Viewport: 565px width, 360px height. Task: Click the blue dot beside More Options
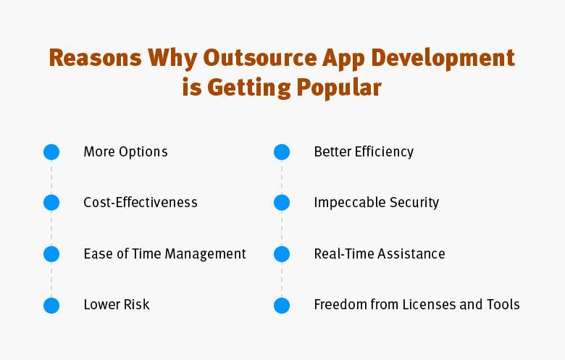pos(51,152)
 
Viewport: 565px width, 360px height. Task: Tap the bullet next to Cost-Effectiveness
pos(51,203)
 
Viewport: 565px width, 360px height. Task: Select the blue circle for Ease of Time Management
pos(51,254)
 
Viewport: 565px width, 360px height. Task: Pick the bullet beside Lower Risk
pos(51,306)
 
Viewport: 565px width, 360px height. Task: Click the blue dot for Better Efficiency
pos(282,152)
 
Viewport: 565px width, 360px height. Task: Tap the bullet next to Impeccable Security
pos(282,203)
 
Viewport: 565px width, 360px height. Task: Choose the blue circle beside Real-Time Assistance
pos(282,254)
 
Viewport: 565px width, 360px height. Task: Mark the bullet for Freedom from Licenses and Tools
pos(282,306)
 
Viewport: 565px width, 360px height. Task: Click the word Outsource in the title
pos(260,58)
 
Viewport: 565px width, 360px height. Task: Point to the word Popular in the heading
pos(339,88)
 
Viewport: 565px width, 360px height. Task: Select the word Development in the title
pos(443,58)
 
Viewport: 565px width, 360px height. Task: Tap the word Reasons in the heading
pos(95,58)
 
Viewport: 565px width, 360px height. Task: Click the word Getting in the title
pos(249,88)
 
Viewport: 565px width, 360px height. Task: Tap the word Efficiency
pos(384,152)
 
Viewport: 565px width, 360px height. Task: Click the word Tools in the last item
pos(503,304)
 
